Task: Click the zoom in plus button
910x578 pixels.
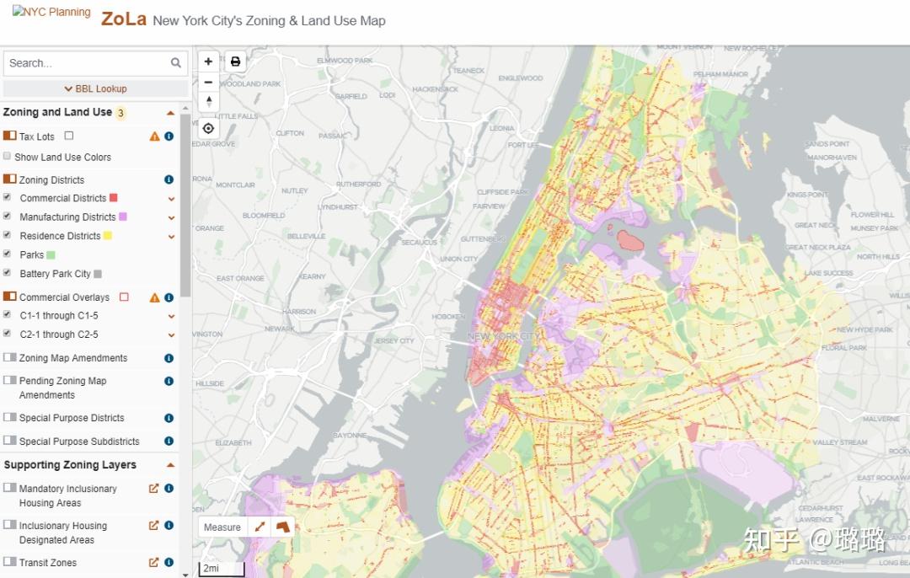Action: click(x=208, y=62)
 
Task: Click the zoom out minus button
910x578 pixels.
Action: click(x=208, y=82)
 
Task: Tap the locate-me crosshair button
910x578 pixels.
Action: click(x=208, y=128)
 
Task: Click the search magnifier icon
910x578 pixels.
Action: click(x=176, y=62)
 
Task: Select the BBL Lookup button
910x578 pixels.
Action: click(x=95, y=88)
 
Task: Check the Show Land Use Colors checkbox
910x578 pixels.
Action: click(x=8, y=156)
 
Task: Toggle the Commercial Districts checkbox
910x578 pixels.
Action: click(x=8, y=197)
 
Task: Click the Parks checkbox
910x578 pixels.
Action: click(x=8, y=254)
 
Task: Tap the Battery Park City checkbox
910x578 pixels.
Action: click(x=8, y=273)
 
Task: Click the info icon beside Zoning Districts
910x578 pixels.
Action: click(x=169, y=179)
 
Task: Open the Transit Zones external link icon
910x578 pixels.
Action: click(x=153, y=562)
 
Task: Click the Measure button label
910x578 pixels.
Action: click(x=222, y=527)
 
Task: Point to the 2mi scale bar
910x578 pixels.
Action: click(x=221, y=569)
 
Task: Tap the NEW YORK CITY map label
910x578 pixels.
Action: click(x=504, y=336)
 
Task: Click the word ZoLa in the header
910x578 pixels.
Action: click(x=124, y=19)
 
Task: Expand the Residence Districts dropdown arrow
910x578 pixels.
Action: click(x=171, y=237)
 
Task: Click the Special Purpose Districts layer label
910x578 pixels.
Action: click(x=72, y=418)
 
